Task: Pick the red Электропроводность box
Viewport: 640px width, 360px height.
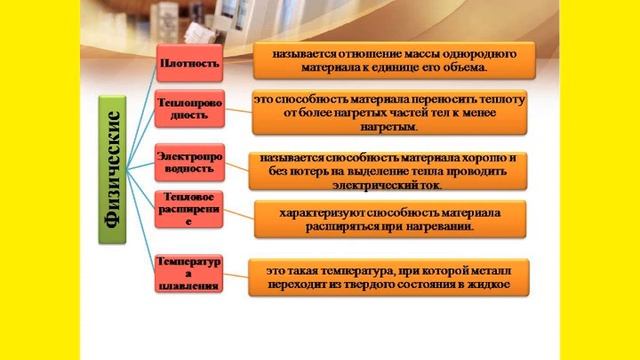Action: coord(188,162)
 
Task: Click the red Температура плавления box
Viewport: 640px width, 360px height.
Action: coord(188,273)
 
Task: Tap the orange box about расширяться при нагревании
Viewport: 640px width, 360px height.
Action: coord(390,220)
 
